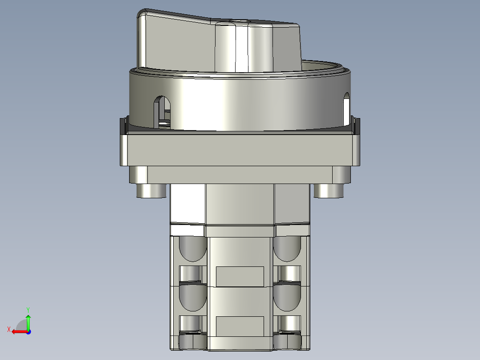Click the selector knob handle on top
[x=218, y=42]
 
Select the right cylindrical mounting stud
[x=329, y=191]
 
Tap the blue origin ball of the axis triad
[x=28, y=331]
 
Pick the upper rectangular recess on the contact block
[x=240, y=276]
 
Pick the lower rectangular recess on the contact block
[x=240, y=326]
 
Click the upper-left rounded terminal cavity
[x=192, y=249]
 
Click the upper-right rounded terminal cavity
[x=287, y=249]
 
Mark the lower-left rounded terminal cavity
[x=192, y=298]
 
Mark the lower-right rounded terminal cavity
[x=287, y=298]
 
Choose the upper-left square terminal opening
[x=191, y=274]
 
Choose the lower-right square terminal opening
[x=289, y=324]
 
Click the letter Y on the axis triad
[x=28, y=309]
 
